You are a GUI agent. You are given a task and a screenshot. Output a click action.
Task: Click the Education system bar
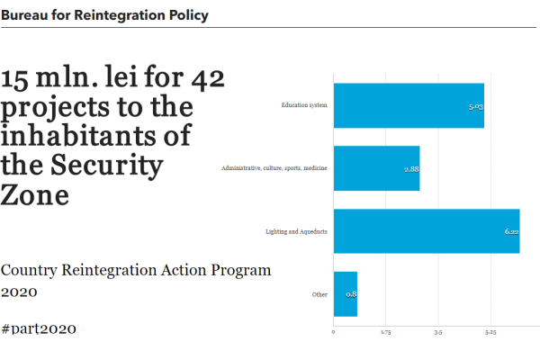(x=409, y=105)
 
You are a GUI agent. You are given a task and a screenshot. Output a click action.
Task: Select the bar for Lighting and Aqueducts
(x=426, y=231)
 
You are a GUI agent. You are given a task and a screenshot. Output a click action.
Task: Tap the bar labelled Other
(x=345, y=294)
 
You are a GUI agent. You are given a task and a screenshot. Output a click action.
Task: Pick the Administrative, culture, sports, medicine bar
(x=376, y=168)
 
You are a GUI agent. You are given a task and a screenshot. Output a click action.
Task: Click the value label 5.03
(x=475, y=106)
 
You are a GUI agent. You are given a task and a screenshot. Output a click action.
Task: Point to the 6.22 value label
(x=510, y=232)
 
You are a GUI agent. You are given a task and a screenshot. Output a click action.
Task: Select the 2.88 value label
(x=411, y=169)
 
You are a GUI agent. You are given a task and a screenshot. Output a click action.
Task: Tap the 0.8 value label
(x=350, y=295)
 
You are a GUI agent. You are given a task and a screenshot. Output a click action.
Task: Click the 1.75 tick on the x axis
(x=386, y=332)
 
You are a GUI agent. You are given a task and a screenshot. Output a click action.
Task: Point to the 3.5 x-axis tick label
(x=438, y=332)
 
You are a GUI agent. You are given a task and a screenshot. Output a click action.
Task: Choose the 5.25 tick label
(x=490, y=332)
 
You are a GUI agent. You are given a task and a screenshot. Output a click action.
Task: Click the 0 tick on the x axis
(x=334, y=332)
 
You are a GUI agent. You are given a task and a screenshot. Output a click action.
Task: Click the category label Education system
(x=303, y=106)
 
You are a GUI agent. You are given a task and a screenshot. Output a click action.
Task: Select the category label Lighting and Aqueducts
(x=296, y=232)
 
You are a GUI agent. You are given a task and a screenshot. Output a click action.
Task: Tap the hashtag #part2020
(x=39, y=328)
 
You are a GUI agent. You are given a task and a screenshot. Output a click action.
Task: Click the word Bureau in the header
(x=24, y=15)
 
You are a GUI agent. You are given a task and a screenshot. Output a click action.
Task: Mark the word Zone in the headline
(x=35, y=194)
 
